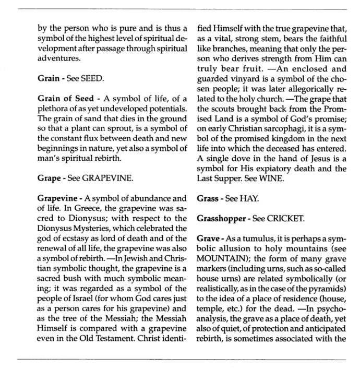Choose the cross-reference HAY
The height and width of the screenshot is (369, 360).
tap(249, 198)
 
